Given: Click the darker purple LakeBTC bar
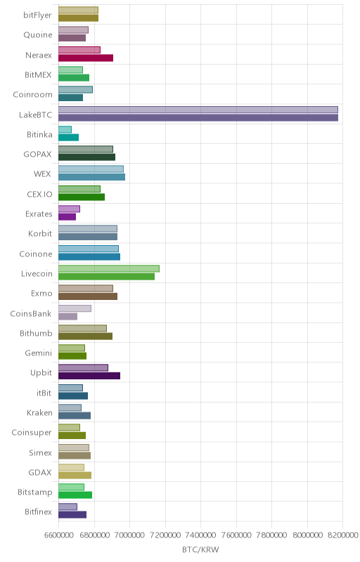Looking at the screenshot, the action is (x=198, y=117).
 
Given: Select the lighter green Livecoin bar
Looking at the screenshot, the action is (x=109, y=268).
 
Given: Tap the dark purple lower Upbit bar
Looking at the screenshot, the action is (x=89, y=376).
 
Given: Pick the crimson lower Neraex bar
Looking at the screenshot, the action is (x=86, y=58).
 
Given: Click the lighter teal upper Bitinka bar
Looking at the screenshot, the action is (x=65, y=129).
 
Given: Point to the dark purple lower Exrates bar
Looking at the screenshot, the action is (x=67, y=217).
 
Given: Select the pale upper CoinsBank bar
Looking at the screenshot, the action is (x=75, y=308).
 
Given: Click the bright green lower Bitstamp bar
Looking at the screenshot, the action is (x=75, y=495).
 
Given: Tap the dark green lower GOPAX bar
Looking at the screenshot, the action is (x=86, y=157).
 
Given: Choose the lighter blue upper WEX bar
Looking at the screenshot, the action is (x=91, y=169).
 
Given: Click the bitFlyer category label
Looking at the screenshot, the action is (x=38, y=15).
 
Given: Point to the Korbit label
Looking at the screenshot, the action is (x=40, y=234).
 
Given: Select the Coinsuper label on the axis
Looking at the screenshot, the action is (x=32, y=433).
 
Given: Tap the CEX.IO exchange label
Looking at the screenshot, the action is (x=39, y=194).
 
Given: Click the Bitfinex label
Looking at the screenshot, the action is (x=39, y=512).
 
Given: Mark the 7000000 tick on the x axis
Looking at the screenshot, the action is (x=130, y=535).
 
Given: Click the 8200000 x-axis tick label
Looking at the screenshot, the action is (x=343, y=535).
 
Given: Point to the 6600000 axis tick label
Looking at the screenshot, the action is (x=59, y=535).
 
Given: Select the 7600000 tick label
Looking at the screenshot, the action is (x=236, y=535).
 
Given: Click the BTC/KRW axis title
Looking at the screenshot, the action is (x=200, y=549).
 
